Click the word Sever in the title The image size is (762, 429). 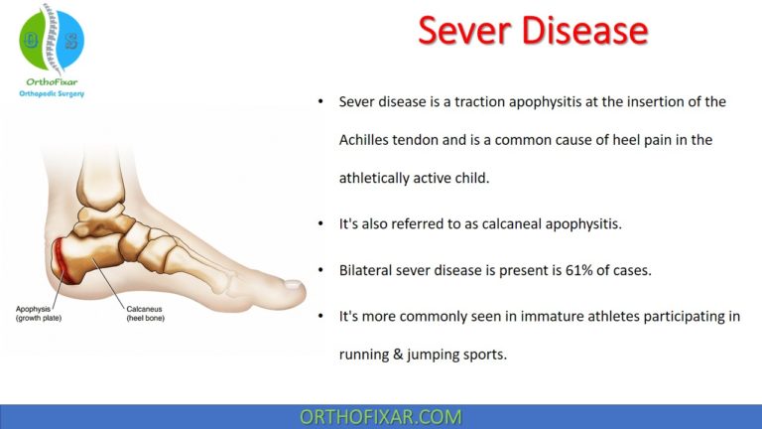click(464, 32)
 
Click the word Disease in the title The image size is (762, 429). click(583, 32)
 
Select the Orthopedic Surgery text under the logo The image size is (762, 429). click(52, 95)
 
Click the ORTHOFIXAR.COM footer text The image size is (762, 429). click(380, 416)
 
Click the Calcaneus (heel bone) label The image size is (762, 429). click(148, 313)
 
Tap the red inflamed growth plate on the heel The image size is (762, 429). click(63, 260)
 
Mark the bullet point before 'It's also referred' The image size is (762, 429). click(319, 224)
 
